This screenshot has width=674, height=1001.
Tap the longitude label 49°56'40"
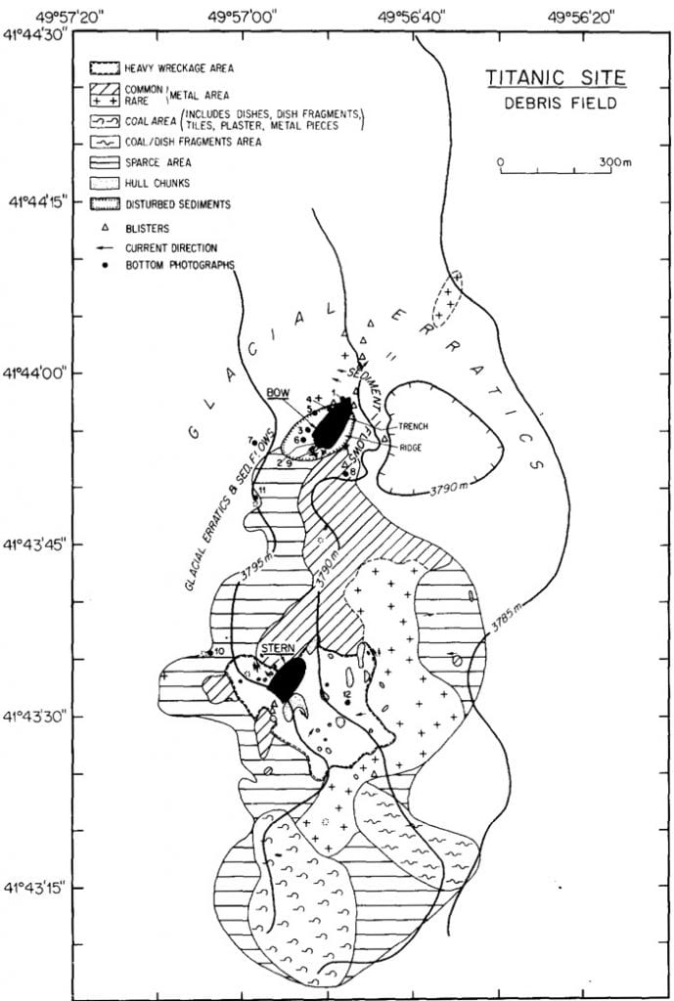419,14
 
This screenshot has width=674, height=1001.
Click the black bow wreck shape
333,423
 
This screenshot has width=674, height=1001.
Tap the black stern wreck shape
287,676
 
